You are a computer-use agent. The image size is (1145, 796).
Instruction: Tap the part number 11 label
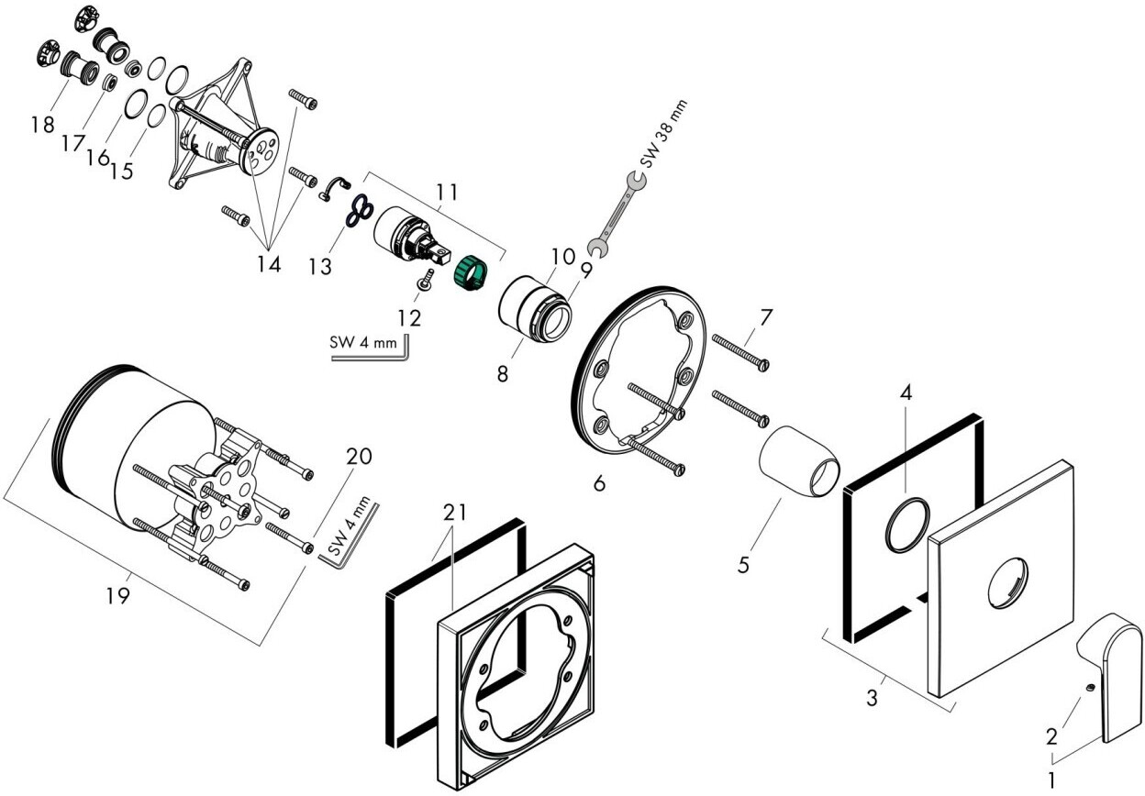[448, 193]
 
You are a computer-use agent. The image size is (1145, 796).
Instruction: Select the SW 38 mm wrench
[617, 214]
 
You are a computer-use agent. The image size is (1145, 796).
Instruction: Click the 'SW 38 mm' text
[664, 134]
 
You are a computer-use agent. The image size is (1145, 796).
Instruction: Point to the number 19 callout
[117, 595]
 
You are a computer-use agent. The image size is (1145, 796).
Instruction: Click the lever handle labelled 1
[1110, 677]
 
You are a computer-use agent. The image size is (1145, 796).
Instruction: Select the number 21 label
[455, 512]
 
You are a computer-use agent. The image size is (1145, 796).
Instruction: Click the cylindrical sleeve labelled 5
[799, 461]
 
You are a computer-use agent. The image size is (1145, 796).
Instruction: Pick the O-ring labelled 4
[907, 525]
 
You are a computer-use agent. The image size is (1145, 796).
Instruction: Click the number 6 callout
[600, 482]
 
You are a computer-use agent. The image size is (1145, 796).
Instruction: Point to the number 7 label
[765, 318]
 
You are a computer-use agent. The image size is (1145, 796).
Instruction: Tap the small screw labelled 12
[427, 280]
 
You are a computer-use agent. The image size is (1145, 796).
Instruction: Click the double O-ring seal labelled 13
[360, 208]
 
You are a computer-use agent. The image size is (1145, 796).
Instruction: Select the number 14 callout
[269, 265]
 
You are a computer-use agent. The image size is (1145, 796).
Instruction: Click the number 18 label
[42, 124]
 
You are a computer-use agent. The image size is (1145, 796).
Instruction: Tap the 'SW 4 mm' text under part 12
[363, 342]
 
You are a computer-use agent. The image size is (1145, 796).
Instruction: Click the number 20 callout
[359, 457]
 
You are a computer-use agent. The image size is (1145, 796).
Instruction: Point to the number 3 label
[872, 697]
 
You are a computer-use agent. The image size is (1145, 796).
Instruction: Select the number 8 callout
[503, 374]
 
